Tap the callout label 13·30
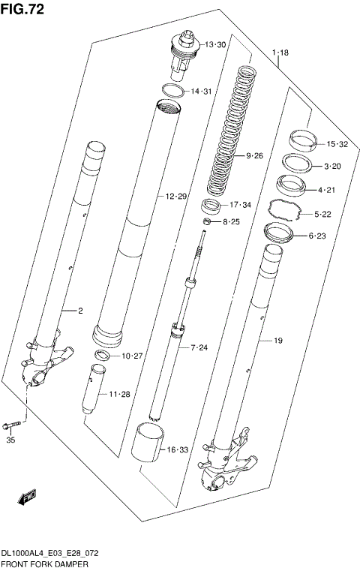pos(215,45)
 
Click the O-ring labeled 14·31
pos(172,92)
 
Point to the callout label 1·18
pos(280,53)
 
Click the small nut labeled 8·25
pos(205,222)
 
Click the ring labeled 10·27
pos(103,354)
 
